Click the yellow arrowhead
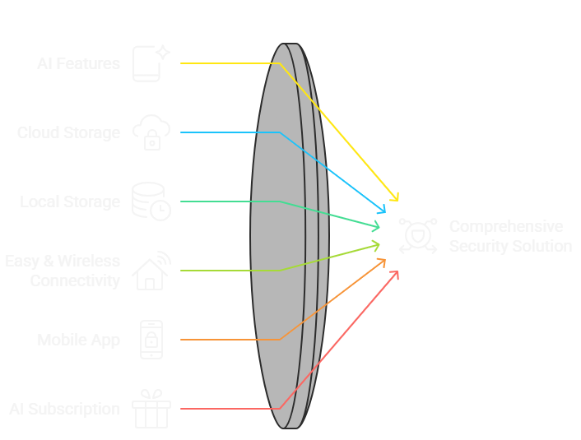pyautogui.click(x=394, y=197)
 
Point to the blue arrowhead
pyautogui.click(x=381, y=211)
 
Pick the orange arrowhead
pyautogui.click(x=382, y=262)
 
